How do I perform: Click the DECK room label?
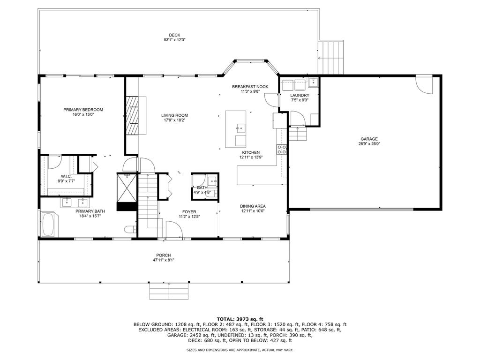coord(174,35)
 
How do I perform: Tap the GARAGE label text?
coord(369,139)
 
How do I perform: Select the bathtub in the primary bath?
coord(48,225)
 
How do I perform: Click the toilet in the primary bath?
coord(130,229)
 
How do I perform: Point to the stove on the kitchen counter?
coord(282,149)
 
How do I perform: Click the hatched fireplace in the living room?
coord(133,115)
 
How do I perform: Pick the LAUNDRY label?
coord(300,95)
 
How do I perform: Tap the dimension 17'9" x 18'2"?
coord(175,120)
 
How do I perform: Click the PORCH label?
coord(164,255)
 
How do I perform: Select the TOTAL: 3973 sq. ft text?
coord(240,319)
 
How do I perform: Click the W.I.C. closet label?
coord(66,176)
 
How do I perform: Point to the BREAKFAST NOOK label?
coord(250,87)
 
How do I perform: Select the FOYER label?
coord(189,212)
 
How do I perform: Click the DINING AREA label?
coord(253,206)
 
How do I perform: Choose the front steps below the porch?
coord(169,291)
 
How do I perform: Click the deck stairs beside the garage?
coord(330,57)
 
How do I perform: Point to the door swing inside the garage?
coord(424,84)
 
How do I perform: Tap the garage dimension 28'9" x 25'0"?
coord(369,144)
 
